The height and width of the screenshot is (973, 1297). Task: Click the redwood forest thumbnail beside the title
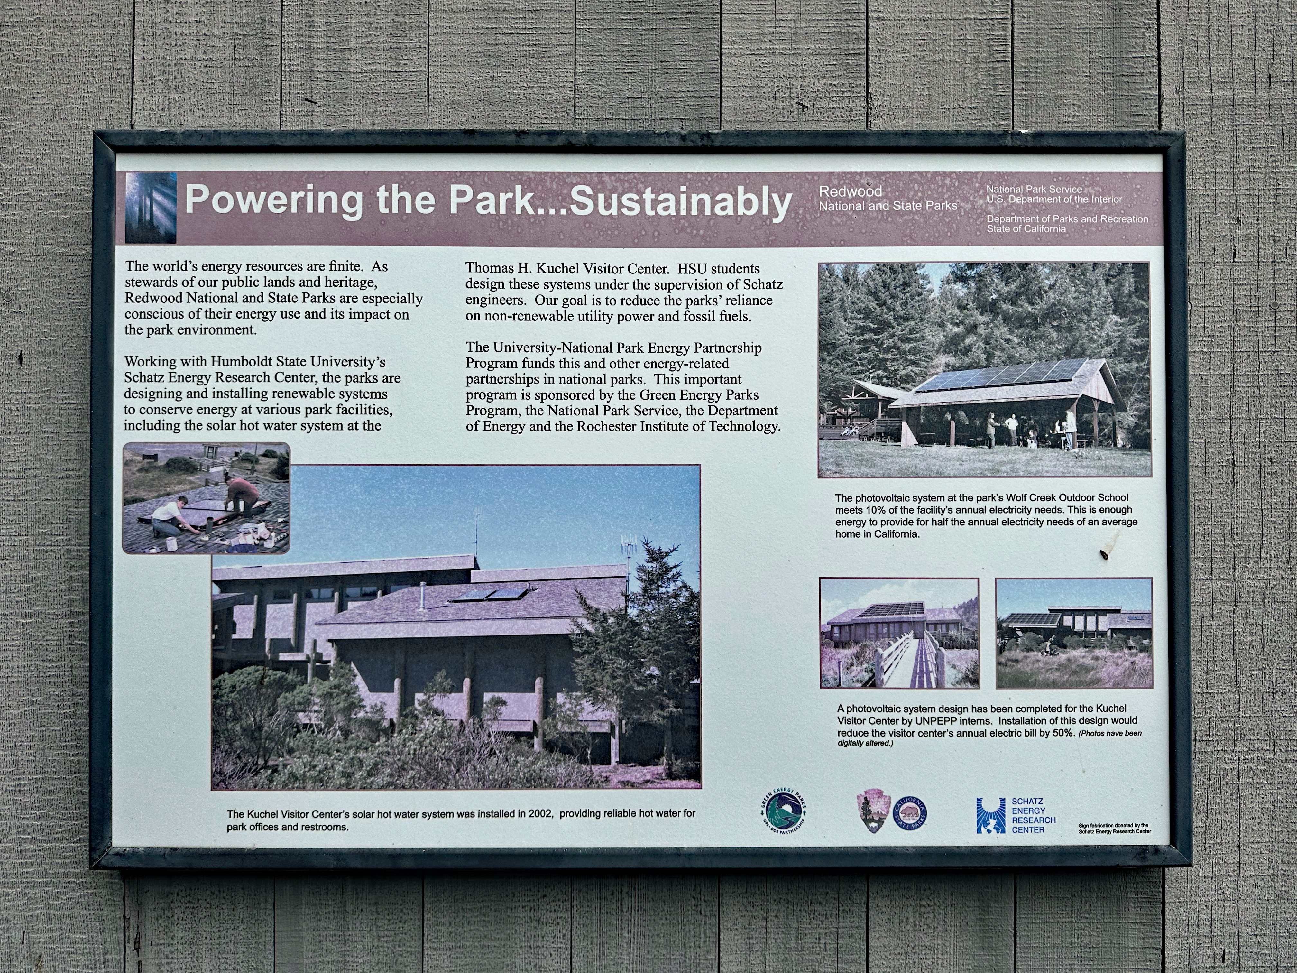click(x=151, y=208)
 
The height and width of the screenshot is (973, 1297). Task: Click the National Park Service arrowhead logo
click(x=873, y=811)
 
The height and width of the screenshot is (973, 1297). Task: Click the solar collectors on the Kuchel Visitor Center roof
click(x=489, y=594)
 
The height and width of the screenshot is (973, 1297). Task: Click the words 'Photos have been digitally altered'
click(x=990, y=738)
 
